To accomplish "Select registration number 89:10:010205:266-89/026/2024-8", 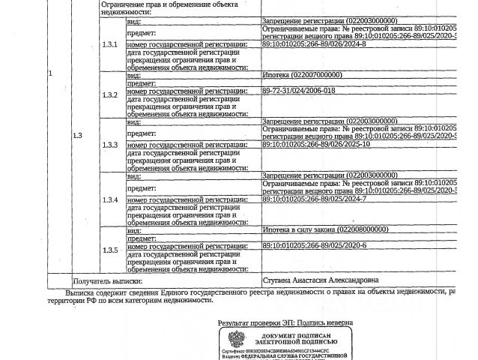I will tap(314, 44).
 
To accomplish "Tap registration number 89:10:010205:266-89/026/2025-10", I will tap(316, 144).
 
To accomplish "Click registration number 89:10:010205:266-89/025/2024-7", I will tap(314, 199).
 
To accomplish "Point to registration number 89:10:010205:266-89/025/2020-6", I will tap(314, 245).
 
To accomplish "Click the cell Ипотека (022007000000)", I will tap(302, 75).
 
